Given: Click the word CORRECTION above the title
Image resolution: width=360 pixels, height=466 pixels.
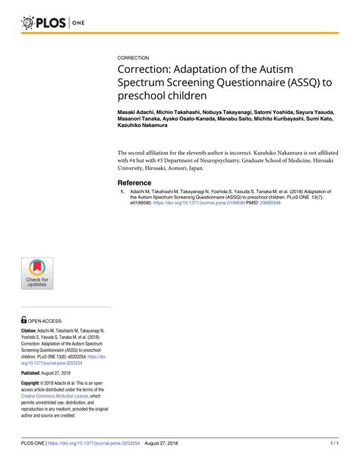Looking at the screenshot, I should click(134, 58).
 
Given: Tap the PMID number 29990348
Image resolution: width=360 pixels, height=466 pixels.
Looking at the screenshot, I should click(265, 203).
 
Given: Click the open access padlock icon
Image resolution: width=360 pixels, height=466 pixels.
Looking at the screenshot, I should click(25, 321).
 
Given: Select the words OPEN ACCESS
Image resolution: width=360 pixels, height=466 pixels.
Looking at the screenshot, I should click(47, 322).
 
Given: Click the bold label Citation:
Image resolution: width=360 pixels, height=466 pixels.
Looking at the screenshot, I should click(31, 331).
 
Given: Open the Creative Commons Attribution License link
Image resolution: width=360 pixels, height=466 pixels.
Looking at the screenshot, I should click(55, 396).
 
